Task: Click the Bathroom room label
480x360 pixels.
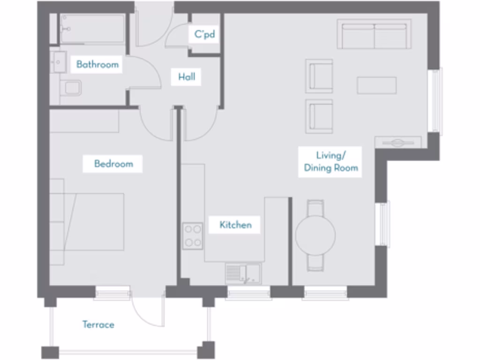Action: (x=97, y=64)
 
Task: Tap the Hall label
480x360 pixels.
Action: (x=187, y=77)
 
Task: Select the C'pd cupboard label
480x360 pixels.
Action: (x=204, y=35)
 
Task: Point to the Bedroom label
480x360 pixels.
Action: (x=113, y=164)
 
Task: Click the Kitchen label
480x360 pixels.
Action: (x=235, y=225)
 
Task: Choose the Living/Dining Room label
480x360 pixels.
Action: (x=330, y=162)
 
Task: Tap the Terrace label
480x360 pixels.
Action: (x=98, y=324)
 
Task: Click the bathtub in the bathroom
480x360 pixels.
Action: (x=92, y=29)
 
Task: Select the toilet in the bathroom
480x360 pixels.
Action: (x=71, y=88)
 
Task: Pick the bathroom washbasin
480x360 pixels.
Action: (x=58, y=62)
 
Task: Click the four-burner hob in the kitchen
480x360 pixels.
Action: (x=192, y=236)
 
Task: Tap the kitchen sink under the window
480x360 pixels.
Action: (x=243, y=273)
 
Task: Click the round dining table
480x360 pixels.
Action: (x=315, y=235)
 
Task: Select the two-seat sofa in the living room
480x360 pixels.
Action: (x=374, y=34)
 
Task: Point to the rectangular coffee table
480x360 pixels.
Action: (x=376, y=85)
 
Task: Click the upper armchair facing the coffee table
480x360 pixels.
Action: (x=319, y=75)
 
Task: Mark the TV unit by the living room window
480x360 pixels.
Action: (x=397, y=142)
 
